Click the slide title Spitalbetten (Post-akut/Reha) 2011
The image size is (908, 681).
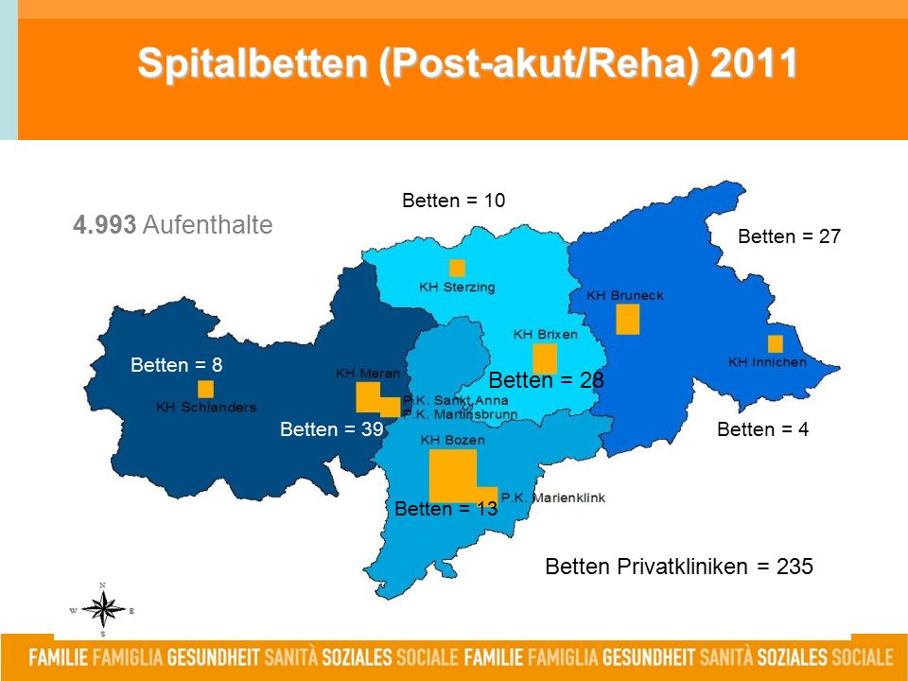[x=467, y=62]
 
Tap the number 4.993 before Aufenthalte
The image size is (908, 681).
[x=104, y=225]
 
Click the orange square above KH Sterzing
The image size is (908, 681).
[x=457, y=268]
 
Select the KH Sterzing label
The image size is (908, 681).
[x=457, y=288]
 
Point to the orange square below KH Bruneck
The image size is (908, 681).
[x=627, y=319]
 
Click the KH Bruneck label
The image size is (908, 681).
[x=625, y=295]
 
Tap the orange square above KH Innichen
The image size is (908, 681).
[x=776, y=344]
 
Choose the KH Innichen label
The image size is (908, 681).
[x=767, y=362]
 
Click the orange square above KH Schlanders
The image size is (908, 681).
[x=205, y=389]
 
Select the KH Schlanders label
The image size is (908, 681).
[x=206, y=407]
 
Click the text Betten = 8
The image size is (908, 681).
[x=177, y=365]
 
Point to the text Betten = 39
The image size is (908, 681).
[x=332, y=429]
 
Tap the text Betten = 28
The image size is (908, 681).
[x=546, y=380]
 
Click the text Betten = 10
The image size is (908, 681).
[x=453, y=201]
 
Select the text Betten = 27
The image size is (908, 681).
[x=789, y=236]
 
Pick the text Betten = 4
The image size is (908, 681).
[x=762, y=429]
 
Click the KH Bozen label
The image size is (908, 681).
[x=453, y=440]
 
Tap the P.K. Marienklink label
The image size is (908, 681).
[x=553, y=498]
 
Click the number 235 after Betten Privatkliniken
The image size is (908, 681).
[x=794, y=566]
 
